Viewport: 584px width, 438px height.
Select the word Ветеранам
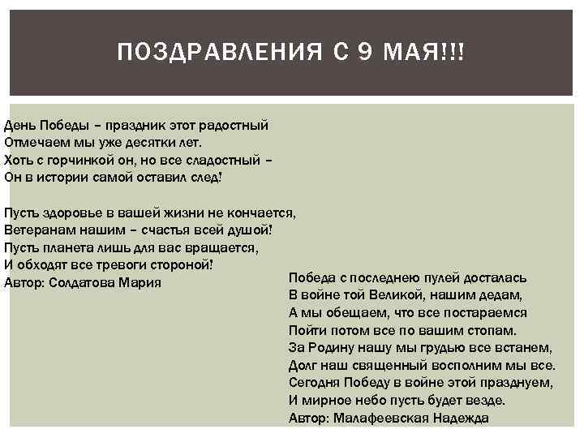coord(36,230)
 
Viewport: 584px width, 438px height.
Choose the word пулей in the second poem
coord(441,277)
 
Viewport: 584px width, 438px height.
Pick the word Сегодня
coord(314,383)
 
